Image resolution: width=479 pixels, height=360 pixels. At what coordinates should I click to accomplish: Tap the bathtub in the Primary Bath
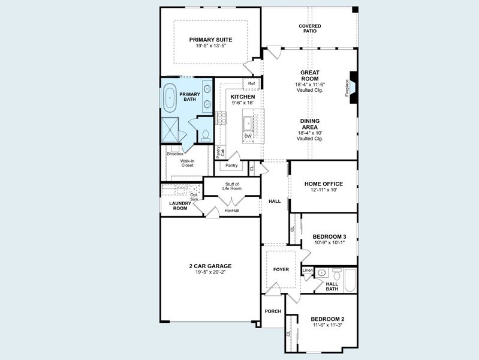[x=171, y=96]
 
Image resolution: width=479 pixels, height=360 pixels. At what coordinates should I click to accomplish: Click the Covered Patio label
[x=310, y=28]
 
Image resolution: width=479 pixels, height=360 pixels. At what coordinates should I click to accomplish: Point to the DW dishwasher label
[x=248, y=136]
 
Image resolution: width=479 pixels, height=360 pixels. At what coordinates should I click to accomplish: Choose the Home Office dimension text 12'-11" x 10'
[x=323, y=190]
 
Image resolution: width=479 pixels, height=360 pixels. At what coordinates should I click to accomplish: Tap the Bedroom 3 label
[x=329, y=237]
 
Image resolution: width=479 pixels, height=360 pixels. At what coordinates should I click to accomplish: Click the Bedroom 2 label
[x=327, y=319]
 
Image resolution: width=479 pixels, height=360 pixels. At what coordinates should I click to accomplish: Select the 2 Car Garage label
[x=210, y=266]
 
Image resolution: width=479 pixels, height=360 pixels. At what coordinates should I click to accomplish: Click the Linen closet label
[x=308, y=271]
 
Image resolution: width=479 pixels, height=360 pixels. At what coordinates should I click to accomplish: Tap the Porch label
[x=273, y=311]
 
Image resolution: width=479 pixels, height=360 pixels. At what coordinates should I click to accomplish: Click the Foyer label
[x=281, y=269]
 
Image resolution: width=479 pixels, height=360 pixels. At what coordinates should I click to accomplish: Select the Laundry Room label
[x=179, y=206]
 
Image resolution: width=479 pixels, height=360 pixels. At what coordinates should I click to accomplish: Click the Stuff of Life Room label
[x=231, y=186]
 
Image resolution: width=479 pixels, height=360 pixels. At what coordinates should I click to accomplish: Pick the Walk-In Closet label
[x=187, y=163]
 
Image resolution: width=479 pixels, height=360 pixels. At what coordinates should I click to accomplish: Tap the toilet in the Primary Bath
[x=205, y=134]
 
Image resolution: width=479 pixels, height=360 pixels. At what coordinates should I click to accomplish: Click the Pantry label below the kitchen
[x=231, y=165]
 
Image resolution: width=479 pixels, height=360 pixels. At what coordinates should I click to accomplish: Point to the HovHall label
[x=231, y=211]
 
